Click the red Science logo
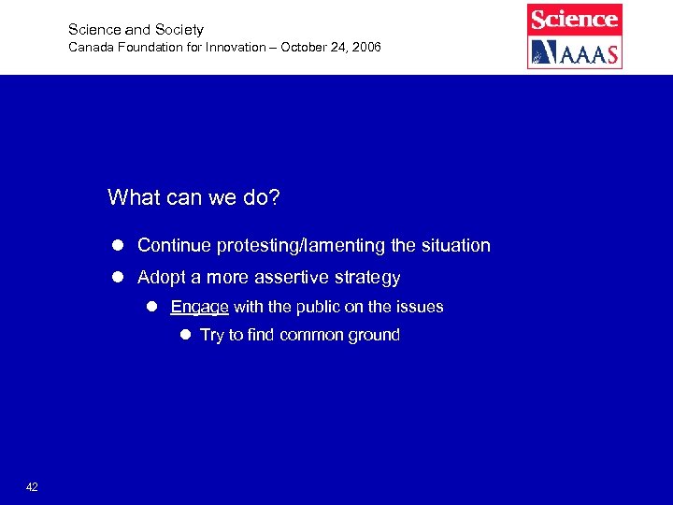click(x=574, y=19)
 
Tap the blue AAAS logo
click(x=574, y=52)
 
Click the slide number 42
click(x=32, y=487)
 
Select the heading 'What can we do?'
click(x=193, y=197)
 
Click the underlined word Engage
click(x=199, y=307)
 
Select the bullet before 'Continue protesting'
click(x=119, y=246)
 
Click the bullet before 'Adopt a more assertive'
click(x=119, y=278)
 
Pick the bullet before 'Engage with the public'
click(x=151, y=307)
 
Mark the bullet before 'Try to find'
click(x=184, y=335)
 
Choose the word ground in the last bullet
click(x=372, y=336)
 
